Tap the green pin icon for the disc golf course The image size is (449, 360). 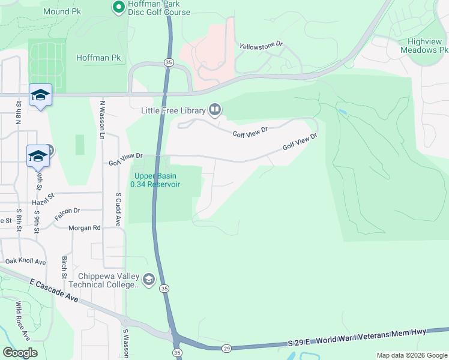[x=118, y=7]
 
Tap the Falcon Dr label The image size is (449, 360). [x=67, y=211]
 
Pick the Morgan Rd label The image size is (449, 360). [x=84, y=228]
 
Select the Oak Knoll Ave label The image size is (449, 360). [x=26, y=262]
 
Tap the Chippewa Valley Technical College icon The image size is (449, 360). [x=148, y=279]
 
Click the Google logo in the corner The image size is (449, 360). [x=20, y=353]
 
